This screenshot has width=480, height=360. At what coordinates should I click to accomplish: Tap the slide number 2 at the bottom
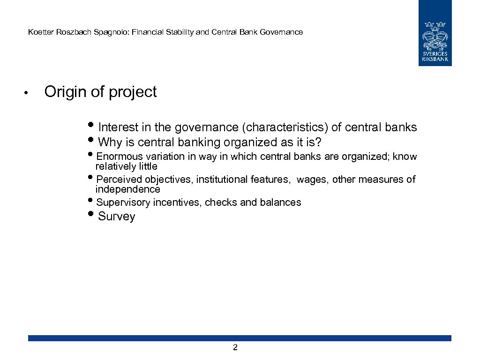235,347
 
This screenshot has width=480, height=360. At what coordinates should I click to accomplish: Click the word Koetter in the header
40,32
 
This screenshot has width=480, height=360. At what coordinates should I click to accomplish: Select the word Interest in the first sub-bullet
119,127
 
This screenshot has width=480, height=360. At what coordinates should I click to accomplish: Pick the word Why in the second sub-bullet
110,142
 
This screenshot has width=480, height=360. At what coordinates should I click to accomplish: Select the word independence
127,189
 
